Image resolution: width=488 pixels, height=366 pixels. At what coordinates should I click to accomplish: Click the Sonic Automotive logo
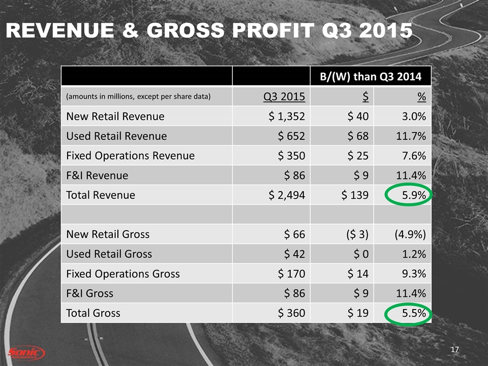tap(26, 352)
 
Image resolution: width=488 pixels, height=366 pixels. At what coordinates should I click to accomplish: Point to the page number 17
tap(455, 350)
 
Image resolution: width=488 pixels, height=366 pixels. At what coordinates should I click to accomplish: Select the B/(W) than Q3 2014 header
tap(370, 77)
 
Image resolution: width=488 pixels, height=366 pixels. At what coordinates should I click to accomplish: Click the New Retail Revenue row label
tap(115, 116)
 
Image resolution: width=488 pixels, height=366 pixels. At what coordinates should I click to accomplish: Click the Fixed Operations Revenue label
tap(130, 156)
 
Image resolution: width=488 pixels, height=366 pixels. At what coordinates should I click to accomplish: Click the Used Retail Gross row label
tap(109, 254)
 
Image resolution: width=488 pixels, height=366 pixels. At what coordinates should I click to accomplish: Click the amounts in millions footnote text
tap(138, 97)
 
